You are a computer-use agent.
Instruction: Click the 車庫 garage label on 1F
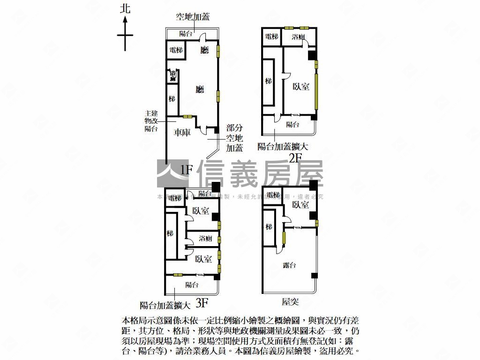[x=182, y=133]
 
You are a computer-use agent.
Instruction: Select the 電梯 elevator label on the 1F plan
[x=176, y=50]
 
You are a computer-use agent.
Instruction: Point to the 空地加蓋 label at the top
[x=192, y=17]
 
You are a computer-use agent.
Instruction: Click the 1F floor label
[x=186, y=169]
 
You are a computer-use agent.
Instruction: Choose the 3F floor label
[x=202, y=303]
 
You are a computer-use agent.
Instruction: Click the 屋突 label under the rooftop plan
[x=291, y=301]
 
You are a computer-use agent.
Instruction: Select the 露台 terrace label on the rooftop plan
[x=290, y=265]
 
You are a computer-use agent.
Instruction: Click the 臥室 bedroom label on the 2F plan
[x=300, y=86]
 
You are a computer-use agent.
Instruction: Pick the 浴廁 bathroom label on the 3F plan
[x=205, y=239]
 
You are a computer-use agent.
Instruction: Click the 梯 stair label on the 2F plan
[x=268, y=82]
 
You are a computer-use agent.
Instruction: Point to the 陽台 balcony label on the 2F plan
[x=292, y=124]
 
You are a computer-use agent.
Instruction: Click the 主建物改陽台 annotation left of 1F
[x=151, y=121]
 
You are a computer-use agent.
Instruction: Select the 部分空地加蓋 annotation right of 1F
[x=234, y=138]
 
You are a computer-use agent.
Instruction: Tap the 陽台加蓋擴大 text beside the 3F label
[x=165, y=306]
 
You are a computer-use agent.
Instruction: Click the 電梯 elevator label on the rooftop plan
[x=272, y=195]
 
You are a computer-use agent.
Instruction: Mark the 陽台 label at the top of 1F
[x=186, y=34]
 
